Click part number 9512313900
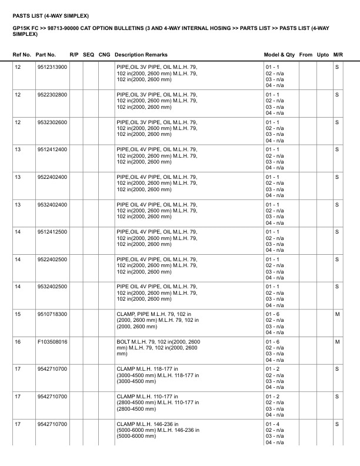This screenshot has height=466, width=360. click(x=52, y=67)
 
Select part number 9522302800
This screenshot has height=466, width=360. click(x=52, y=95)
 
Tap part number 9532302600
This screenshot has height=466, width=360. click(x=52, y=122)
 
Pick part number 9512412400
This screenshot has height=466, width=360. click(x=52, y=149)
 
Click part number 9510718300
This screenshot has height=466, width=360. click(x=52, y=314)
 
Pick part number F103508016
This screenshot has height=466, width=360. click(x=52, y=342)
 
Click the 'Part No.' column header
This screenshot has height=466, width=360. click(x=46, y=54)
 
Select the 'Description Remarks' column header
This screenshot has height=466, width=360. click(x=141, y=54)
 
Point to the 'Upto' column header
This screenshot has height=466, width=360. click(x=323, y=54)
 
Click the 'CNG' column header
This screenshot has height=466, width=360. click(x=104, y=54)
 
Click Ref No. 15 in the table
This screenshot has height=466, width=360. click(x=17, y=314)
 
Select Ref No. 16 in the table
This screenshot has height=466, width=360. click(x=17, y=342)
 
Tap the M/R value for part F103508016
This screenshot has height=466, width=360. click(x=337, y=342)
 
